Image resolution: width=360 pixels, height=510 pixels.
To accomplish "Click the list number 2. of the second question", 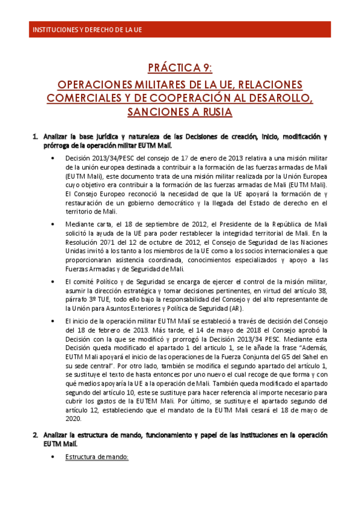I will tap(35, 434).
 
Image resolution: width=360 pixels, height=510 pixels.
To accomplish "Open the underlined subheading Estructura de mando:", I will tap(97, 457).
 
